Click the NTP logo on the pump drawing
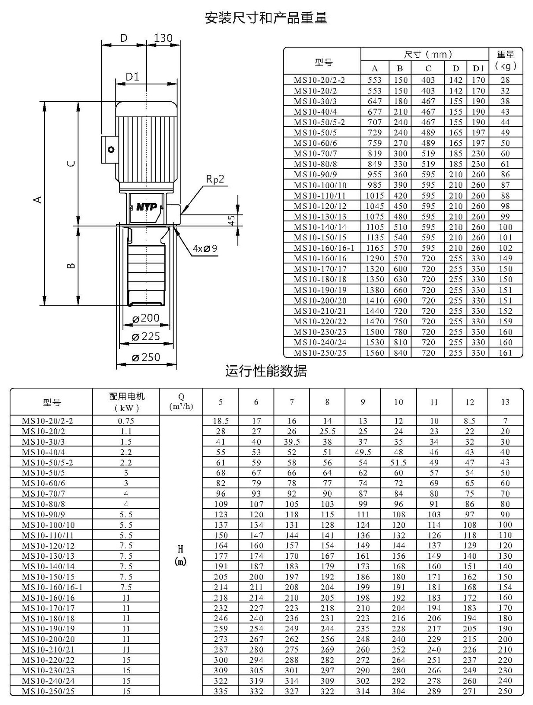(x=146, y=207)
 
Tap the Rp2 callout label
(x=215, y=179)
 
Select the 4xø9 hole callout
(x=205, y=248)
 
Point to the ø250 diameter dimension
(x=146, y=357)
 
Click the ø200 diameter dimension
(x=146, y=318)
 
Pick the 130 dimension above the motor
(x=163, y=38)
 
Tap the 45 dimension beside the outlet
(x=232, y=220)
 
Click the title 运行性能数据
(x=266, y=371)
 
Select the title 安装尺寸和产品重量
(x=266, y=18)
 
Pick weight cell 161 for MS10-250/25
(x=505, y=352)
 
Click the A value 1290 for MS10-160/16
(x=375, y=258)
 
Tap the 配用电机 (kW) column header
(x=126, y=402)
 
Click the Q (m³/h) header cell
(x=181, y=401)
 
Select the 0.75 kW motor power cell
(x=126, y=421)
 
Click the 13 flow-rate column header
(x=505, y=402)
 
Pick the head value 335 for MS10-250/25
(x=221, y=691)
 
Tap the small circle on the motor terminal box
(x=111, y=150)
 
